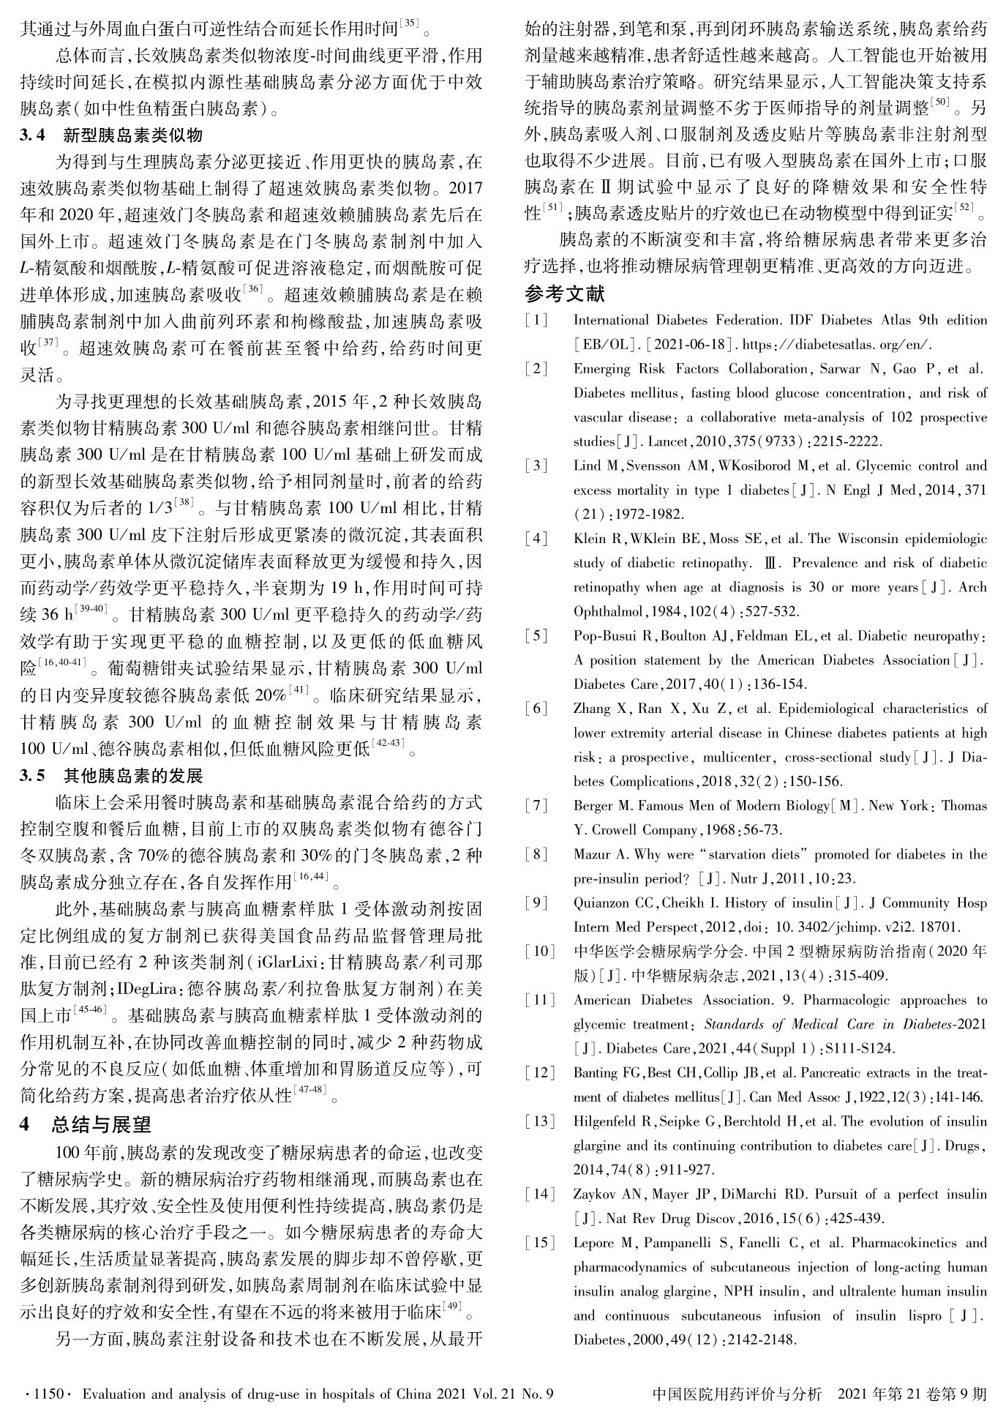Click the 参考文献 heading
tap(565, 294)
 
